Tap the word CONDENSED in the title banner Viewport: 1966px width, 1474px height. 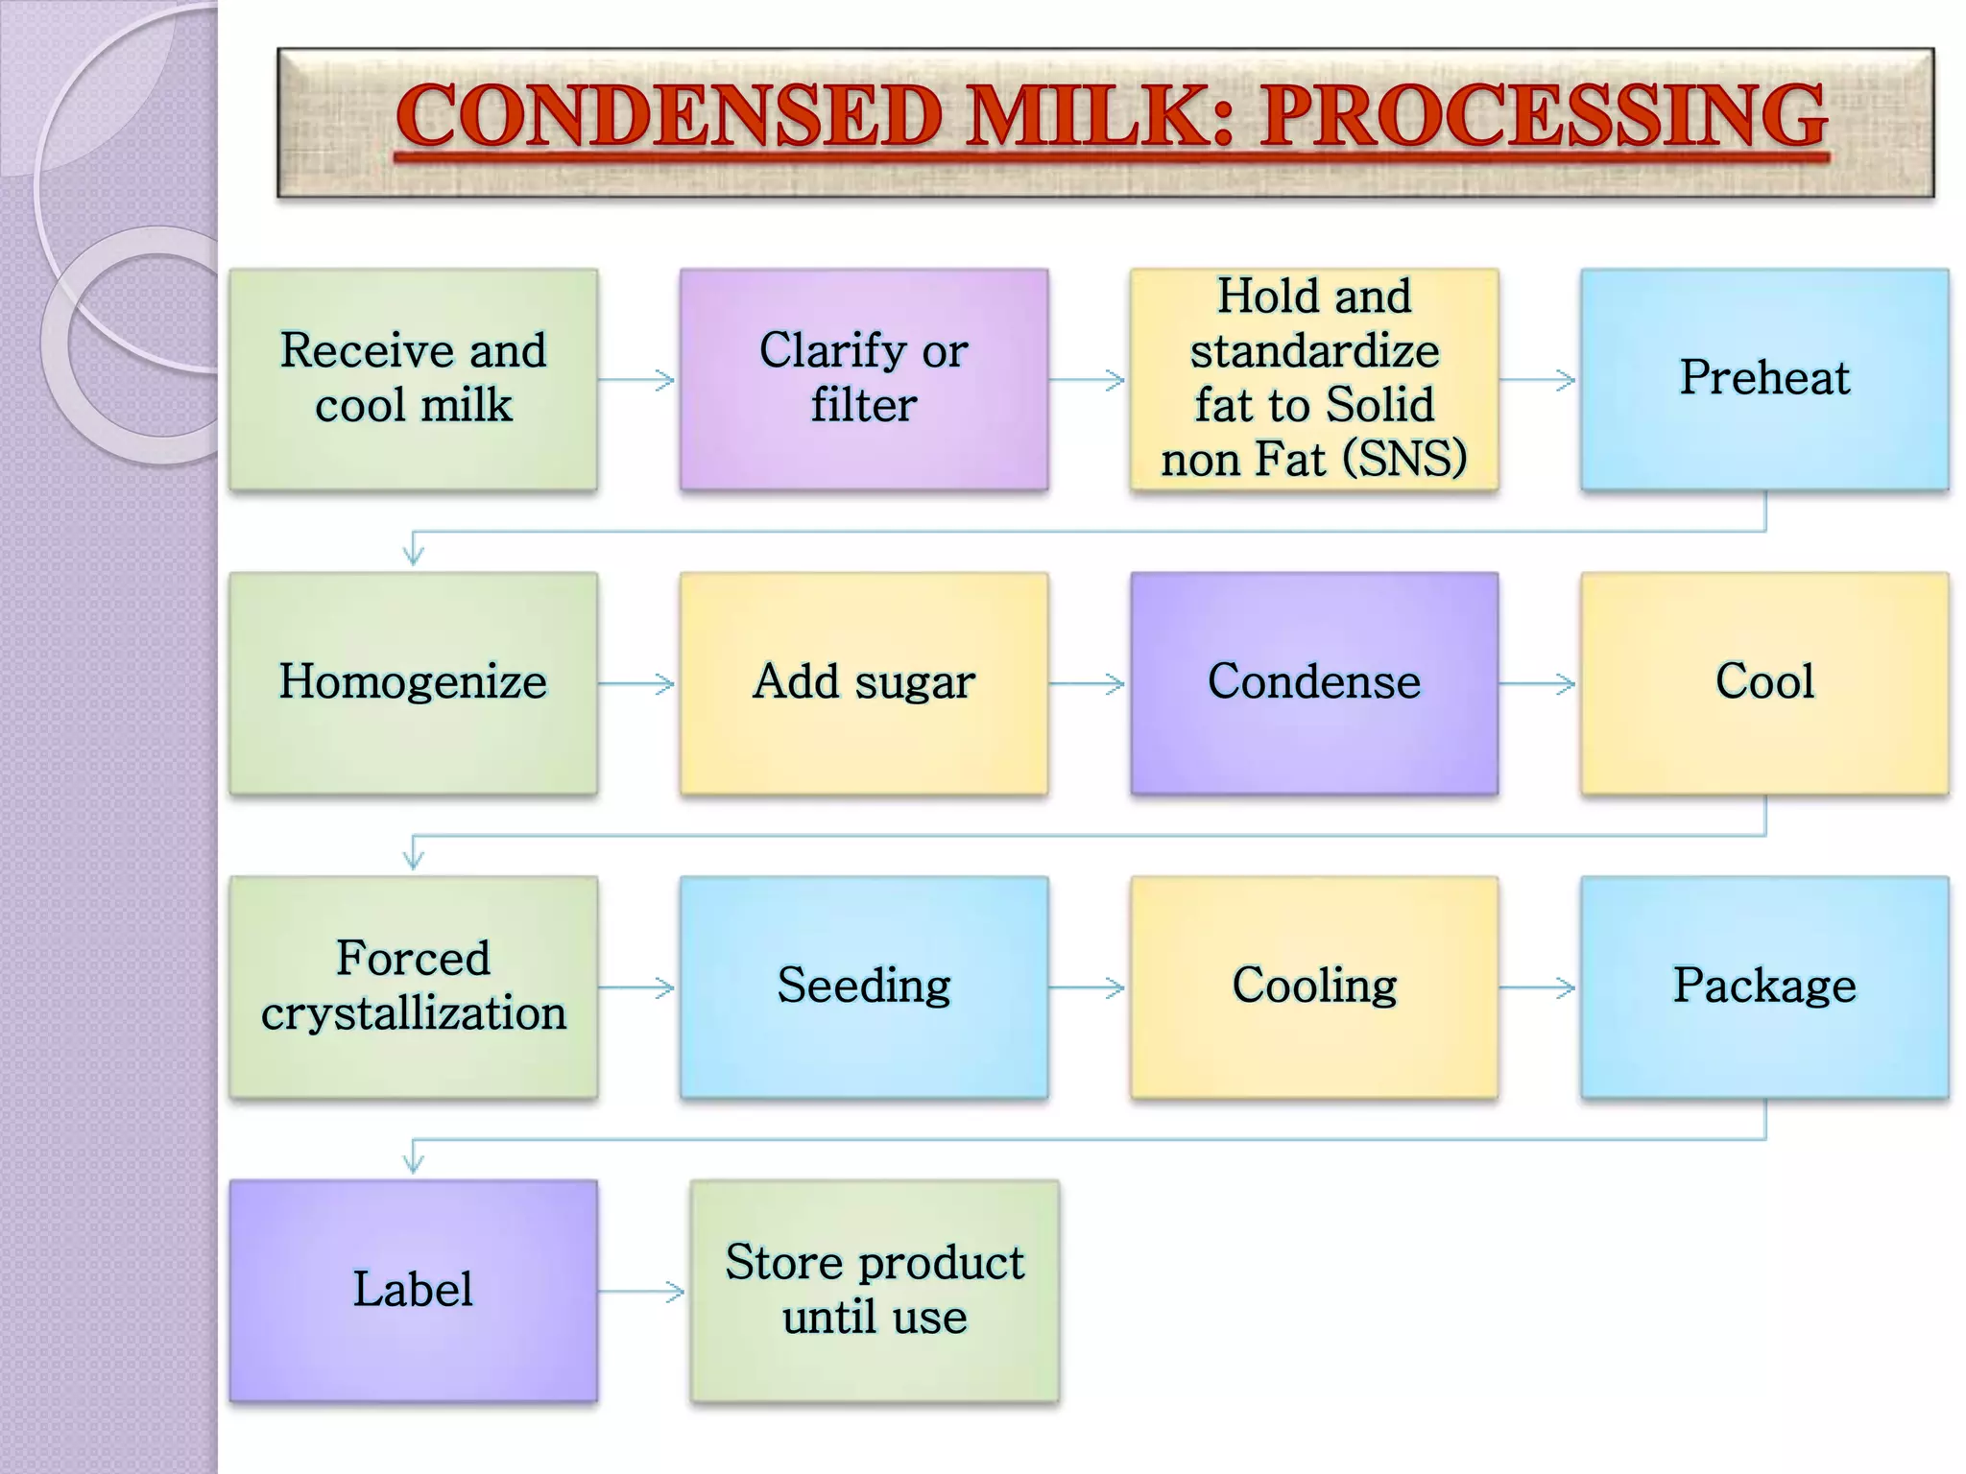click(669, 116)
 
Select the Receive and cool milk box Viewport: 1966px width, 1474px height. click(413, 379)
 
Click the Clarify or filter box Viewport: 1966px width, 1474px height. click(863, 379)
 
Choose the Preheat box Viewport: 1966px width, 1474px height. click(1763, 379)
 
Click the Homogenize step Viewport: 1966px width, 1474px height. click(413, 682)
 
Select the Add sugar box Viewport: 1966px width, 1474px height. click(863, 682)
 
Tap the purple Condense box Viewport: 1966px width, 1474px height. click(1313, 682)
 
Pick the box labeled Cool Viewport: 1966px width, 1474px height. click(1763, 682)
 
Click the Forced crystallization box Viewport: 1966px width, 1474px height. click(413, 986)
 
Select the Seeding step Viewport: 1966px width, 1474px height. click(863, 986)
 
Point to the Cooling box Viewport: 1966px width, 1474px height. click(1313, 986)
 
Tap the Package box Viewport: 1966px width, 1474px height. click(1763, 986)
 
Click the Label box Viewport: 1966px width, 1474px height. click(413, 1290)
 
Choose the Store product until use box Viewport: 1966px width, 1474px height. click(874, 1290)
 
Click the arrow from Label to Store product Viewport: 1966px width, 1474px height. click(641, 1292)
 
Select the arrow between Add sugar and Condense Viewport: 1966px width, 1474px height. click(1088, 684)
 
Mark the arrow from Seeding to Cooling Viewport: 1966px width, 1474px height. click(1088, 987)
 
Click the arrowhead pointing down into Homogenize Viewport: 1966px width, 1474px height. click(414, 552)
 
